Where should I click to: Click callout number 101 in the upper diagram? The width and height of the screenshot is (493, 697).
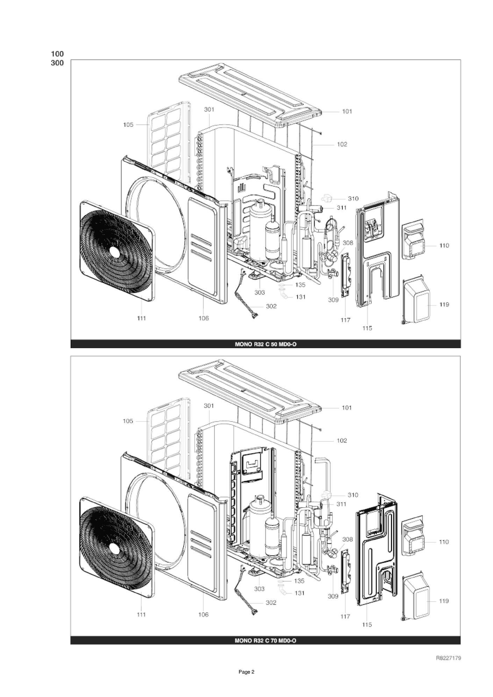click(347, 111)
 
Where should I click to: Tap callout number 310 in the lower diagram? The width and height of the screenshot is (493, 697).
click(353, 495)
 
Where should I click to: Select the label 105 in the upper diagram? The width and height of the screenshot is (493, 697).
click(128, 125)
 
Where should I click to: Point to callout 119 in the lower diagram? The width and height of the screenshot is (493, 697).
click(444, 601)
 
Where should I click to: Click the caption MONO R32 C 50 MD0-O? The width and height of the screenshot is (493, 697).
click(265, 344)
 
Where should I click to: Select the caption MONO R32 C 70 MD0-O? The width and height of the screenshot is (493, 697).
click(265, 640)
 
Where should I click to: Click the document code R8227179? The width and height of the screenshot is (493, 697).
click(448, 658)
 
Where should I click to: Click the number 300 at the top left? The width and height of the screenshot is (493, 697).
click(57, 63)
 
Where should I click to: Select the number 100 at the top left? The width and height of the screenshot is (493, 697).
click(57, 54)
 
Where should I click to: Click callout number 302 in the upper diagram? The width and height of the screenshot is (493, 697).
click(271, 306)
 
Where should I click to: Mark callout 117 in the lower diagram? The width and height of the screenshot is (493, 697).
click(345, 616)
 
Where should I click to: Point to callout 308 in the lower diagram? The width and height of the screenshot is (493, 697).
click(348, 539)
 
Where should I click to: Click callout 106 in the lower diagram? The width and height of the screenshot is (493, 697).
click(203, 615)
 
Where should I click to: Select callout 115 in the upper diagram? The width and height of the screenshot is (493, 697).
click(367, 328)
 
